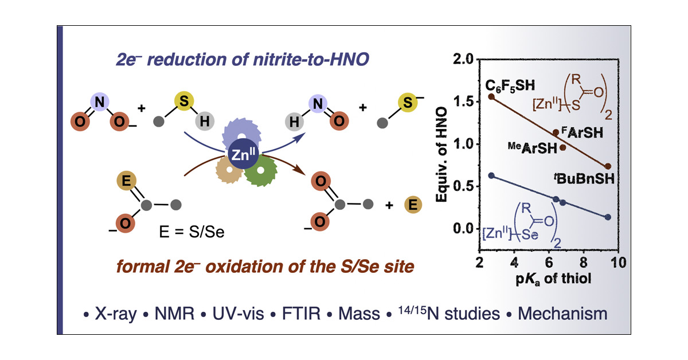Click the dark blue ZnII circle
point(243,154)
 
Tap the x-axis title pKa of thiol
point(548,280)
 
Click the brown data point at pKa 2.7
point(491,96)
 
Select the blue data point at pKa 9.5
point(608,217)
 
